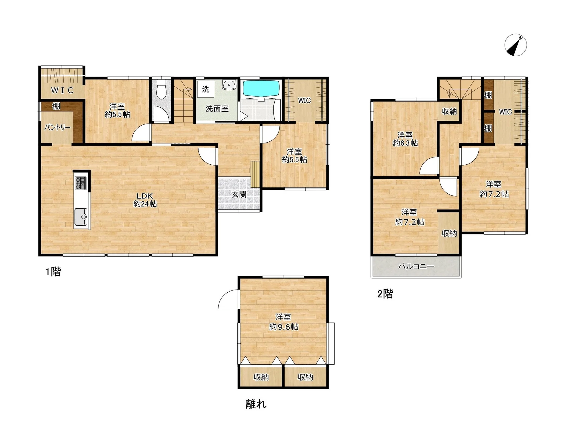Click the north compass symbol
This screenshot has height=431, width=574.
(516, 45)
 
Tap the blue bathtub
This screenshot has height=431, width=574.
(261, 88)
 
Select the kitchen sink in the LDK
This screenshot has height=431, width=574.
(81, 217)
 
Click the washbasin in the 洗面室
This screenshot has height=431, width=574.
(229, 85)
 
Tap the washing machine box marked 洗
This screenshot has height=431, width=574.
(206, 89)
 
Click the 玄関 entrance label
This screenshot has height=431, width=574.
(239, 194)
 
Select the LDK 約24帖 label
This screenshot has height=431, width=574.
(145, 200)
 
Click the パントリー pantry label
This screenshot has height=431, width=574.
(57, 128)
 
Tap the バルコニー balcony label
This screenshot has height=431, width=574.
(416, 266)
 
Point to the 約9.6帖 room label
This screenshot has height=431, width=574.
(283, 327)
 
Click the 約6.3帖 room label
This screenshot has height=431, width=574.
(405, 143)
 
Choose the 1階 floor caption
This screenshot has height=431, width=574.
(53, 272)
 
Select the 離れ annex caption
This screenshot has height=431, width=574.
(256, 404)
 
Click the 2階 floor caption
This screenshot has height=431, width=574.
(385, 294)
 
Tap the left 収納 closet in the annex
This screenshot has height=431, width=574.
(261, 377)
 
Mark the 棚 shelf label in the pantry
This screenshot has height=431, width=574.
(56, 106)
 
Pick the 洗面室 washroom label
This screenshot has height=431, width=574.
(217, 108)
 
